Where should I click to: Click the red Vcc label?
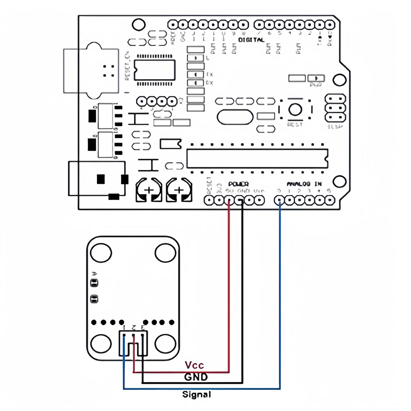point(194,365)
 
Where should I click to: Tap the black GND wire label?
point(196,377)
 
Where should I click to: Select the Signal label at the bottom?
point(197,395)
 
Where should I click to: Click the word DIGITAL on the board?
point(251,40)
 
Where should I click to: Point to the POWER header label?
point(238,184)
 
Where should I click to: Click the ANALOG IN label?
point(304,184)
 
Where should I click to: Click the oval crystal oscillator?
point(235,117)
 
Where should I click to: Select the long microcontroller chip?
point(257,158)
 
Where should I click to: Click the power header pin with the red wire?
point(229,201)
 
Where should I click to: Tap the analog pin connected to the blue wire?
point(279,201)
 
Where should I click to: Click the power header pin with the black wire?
point(239,201)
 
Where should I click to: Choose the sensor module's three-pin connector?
point(133,343)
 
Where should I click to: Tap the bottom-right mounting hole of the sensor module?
point(165,343)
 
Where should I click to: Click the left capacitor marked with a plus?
point(149,190)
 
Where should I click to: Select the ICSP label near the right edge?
point(335,127)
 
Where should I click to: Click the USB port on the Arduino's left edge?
point(91,71)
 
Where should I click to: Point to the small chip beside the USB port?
point(154,70)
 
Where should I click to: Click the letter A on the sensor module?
point(94,274)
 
